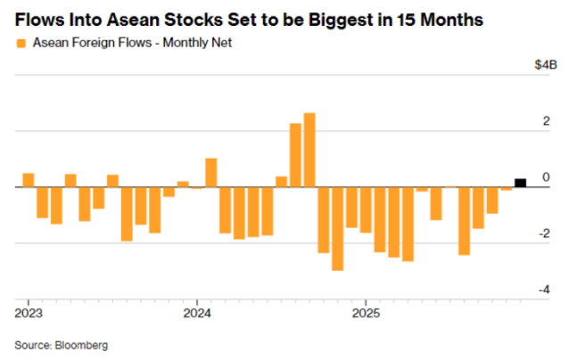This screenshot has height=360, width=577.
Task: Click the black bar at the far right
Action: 520,183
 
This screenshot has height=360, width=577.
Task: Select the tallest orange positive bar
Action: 309,150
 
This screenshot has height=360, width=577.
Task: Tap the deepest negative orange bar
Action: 338,228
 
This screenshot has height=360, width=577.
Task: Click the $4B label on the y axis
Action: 546,64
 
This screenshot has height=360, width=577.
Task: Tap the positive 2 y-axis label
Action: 547,121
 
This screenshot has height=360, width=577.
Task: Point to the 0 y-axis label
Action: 547,177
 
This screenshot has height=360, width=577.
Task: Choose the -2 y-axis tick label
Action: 545,233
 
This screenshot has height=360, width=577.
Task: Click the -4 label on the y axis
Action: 545,290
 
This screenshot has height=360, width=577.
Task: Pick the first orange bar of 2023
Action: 28,180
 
